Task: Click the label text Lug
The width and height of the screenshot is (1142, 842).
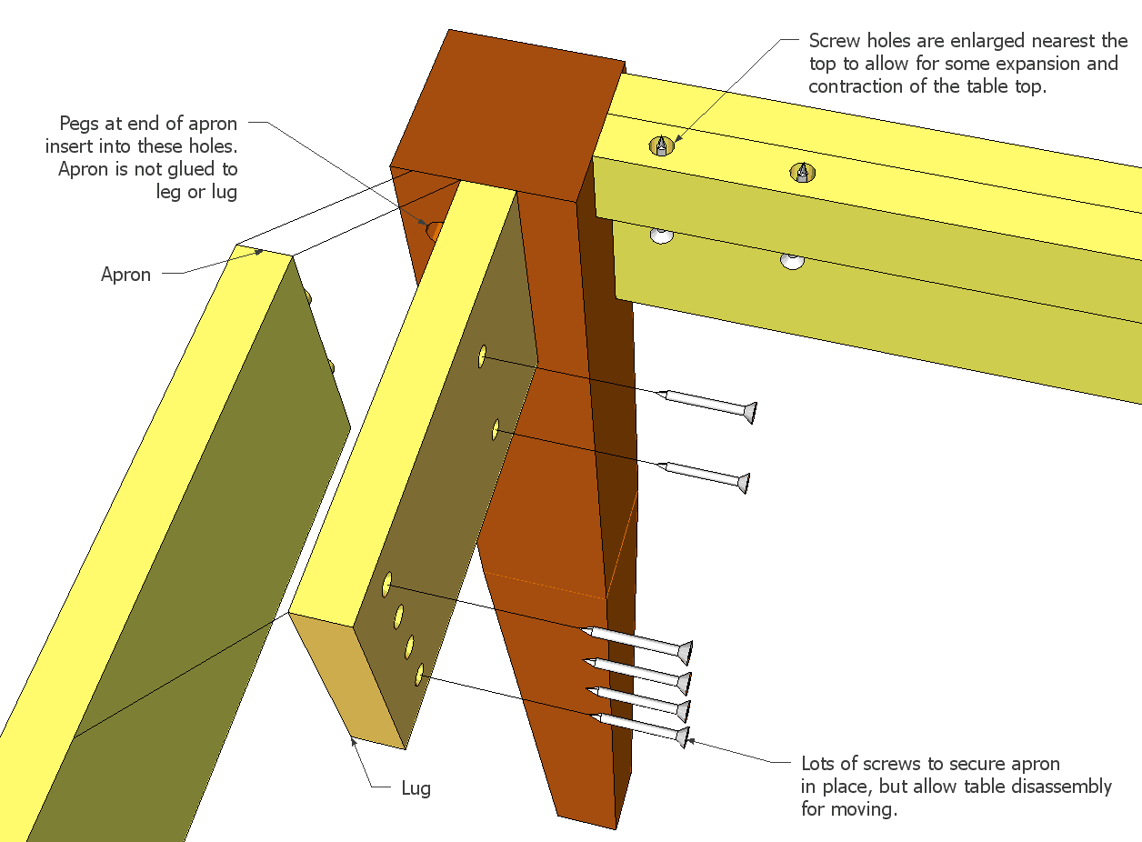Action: coord(416,788)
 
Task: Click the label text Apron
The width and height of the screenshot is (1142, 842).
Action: coord(125,275)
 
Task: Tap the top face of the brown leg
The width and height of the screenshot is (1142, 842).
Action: coord(507,115)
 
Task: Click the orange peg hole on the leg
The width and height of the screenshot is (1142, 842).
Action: coord(435,232)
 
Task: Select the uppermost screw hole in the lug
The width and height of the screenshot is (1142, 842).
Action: coord(482,356)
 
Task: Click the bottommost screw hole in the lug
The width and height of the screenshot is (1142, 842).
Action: coord(419,674)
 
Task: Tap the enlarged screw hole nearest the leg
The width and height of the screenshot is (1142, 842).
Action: coord(661,145)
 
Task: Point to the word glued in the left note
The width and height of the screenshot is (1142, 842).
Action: coord(188,169)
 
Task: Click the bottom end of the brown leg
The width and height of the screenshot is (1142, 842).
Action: coord(587,822)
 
